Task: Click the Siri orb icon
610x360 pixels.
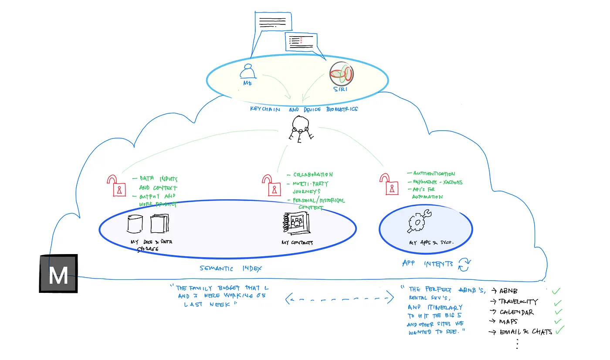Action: point(341,73)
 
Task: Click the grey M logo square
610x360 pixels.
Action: point(58,274)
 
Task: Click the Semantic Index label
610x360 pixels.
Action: point(231,269)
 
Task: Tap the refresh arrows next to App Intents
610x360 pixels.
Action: point(464,264)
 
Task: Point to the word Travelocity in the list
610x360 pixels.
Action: point(518,302)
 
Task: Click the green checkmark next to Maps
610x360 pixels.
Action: point(558,322)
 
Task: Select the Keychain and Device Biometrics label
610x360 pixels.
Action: point(304,109)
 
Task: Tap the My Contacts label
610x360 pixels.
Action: point(297,243)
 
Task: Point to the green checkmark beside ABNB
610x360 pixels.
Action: point(556,291)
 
